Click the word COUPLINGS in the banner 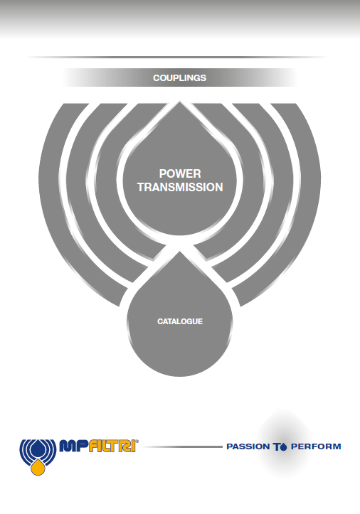tap(179, 78)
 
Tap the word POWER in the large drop tap(180, 173)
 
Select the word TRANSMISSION tap(180, 187)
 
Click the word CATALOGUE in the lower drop tap(180, 321)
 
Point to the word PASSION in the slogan tap(248, 446)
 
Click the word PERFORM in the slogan tap(316, 446)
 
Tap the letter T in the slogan tap(277, 446)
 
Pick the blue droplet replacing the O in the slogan tap(284, 446)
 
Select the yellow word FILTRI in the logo tap(112, 446)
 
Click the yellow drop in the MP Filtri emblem tap(38, 466)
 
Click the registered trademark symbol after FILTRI tap(137, 441)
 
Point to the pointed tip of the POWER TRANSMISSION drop tap(179, 102)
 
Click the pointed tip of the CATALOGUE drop tap(179, 252)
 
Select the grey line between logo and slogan tap(183, 446)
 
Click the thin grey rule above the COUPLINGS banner tap(177, 57)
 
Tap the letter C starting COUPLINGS tap(157, 78)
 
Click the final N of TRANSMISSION tap(219, 187)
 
